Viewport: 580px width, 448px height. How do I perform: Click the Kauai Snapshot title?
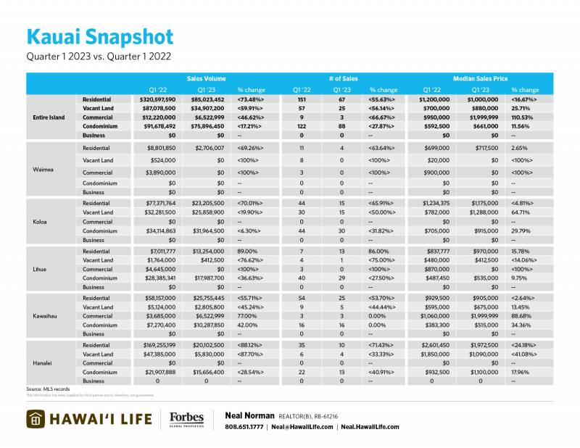point(100,38)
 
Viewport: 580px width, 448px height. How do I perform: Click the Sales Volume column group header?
point(206,78)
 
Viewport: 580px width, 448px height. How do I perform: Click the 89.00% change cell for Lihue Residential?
point(246,251)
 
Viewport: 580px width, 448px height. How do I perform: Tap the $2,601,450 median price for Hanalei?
point(434,346)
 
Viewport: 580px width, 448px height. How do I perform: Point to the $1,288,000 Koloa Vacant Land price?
point(486,213)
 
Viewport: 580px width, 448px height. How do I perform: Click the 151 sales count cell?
point(302,99)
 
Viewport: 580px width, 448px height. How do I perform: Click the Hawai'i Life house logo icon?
point(38,419)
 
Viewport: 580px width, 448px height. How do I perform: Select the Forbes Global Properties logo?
point(186,420)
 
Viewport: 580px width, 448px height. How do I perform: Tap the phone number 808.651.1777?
point(244,427)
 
